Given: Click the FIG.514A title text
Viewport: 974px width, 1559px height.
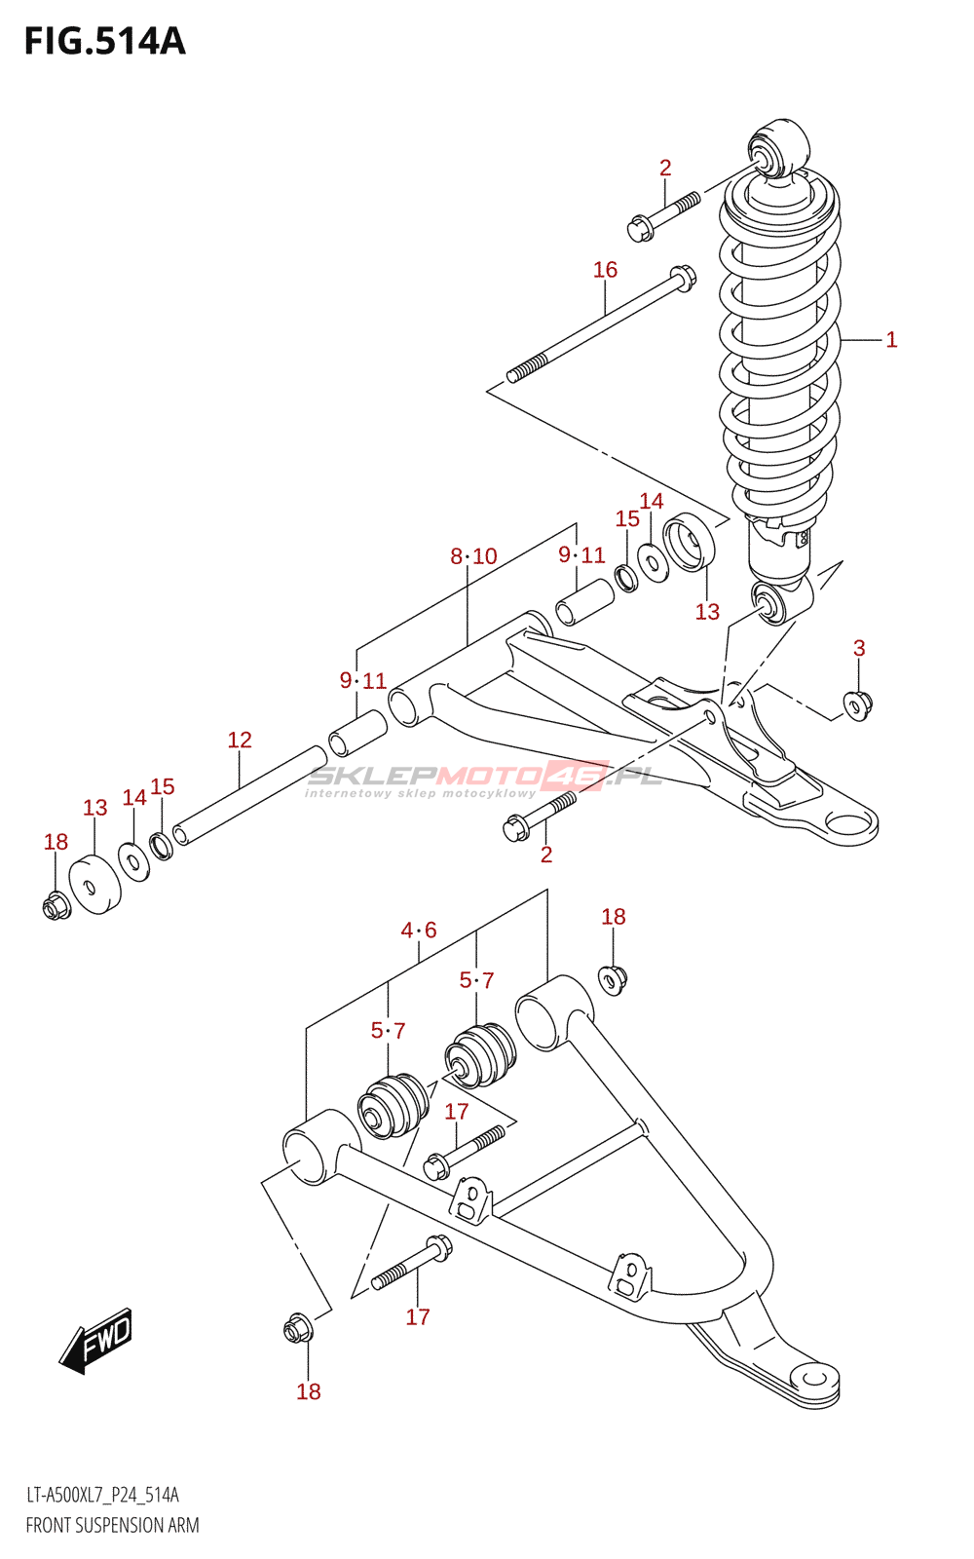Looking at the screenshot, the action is (105, 42).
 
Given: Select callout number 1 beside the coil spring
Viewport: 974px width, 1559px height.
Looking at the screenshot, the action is (891, 340).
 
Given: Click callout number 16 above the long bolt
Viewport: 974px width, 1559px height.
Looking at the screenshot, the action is (605, 269).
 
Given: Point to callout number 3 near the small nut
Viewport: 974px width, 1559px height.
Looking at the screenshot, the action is (859, 648).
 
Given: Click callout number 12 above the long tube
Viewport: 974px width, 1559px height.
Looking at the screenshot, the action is (240, 740).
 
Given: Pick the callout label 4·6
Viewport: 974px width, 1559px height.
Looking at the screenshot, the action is (419, 930).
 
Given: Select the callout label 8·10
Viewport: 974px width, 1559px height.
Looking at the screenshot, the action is (473, 556).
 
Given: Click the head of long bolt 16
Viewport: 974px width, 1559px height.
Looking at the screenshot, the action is (683, 279).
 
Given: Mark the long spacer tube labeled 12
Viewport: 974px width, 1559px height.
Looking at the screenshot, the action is (249, 795).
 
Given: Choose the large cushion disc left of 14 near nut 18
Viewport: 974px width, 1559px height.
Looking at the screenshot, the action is (94, 884).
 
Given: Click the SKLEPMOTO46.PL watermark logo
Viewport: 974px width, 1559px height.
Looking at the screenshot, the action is (485, 780).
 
